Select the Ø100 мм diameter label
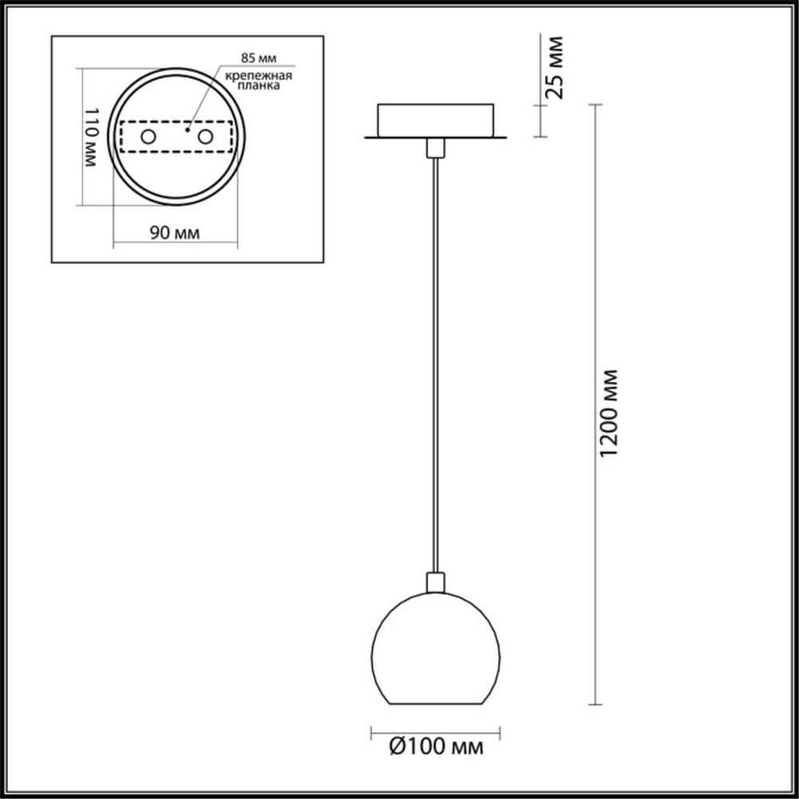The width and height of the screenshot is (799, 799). pyautogui.click(x=435, y=747)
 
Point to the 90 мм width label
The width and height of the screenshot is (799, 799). pyautogui.click(x=174, y=233)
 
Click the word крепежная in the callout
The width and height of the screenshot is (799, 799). pyautogui.click(x=257, y=75)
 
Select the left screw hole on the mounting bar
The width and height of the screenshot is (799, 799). pyautogui.click(x=148, y=137)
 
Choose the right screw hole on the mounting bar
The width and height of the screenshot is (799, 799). pyautogui.click(x=205, y=137)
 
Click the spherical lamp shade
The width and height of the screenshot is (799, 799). pyautogui.click(x=435, y=651)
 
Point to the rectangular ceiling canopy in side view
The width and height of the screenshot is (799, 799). pyautogui.click(x=435, y=121)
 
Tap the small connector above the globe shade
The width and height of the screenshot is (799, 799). pyautogui.click(x=435, y=582)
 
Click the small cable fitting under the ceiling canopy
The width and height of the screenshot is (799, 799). pyautogui.click(x=435, y=148)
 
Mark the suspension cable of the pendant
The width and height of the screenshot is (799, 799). pyautogui.click(x=435, y=360)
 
